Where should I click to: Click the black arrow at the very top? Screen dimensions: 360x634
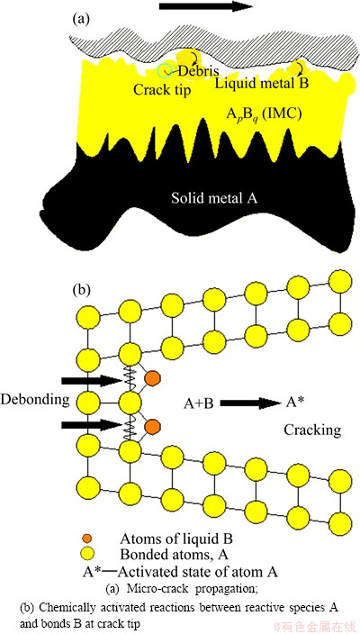[206, 6]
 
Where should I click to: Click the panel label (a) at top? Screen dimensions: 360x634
[80, 20]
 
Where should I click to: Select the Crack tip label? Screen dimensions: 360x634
[162, 89]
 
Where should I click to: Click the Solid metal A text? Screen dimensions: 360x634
[214, 199]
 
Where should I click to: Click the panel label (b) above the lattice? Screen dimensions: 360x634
[81, 290]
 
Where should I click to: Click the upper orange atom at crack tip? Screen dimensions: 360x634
[152, 377]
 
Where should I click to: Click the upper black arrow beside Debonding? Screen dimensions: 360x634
[91, 380]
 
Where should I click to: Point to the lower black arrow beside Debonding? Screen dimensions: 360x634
[91, 425]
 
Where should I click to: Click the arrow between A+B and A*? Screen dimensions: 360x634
[250, 403]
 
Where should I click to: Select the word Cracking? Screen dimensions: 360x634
[312, 430]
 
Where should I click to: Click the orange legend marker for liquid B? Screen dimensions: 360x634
[87, 539]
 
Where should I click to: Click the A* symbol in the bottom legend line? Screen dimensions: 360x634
[91, 572]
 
